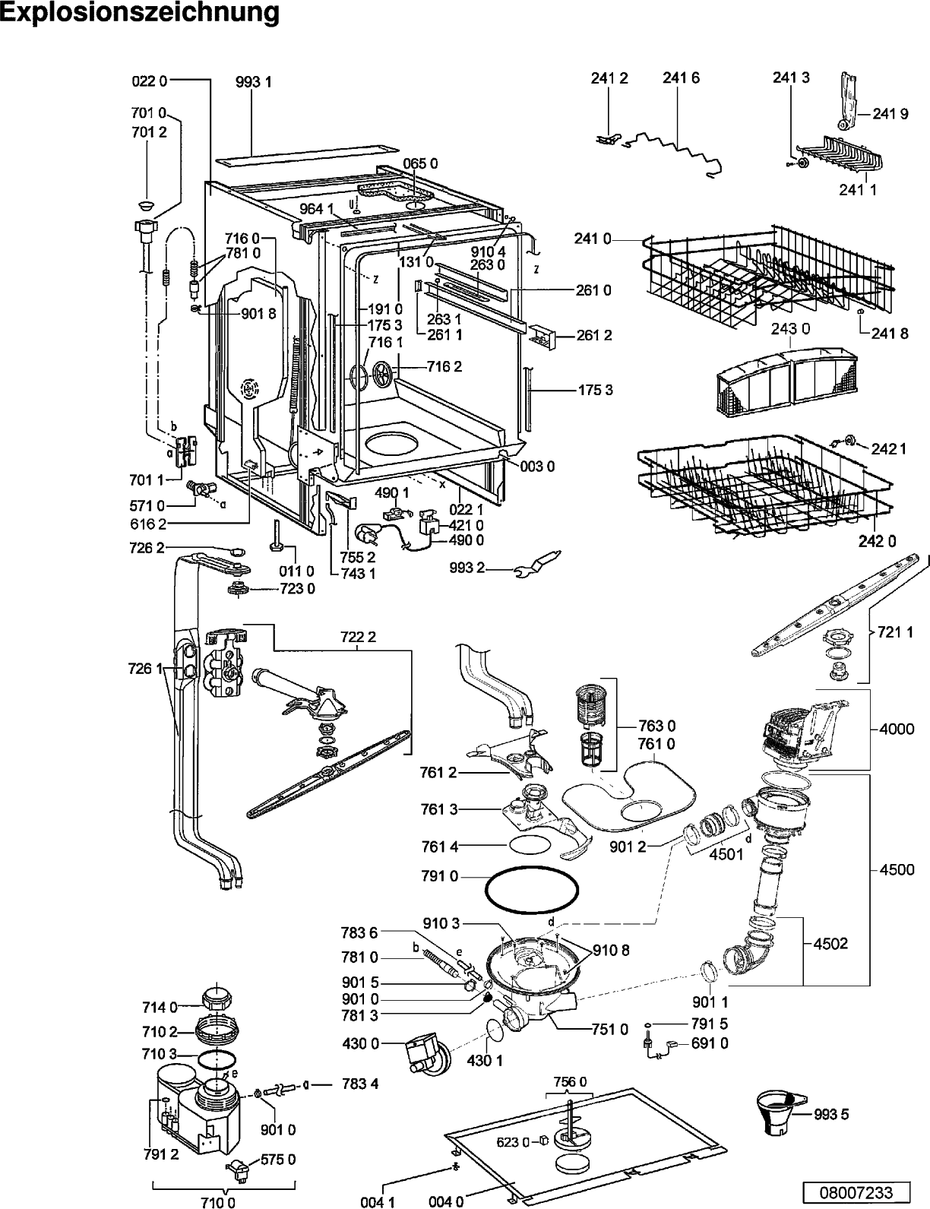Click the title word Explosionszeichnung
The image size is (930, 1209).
coord(140,13)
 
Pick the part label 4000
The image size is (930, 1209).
coord(897,728)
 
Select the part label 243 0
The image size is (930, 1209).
coord(790,328)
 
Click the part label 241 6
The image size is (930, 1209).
coord(681,78)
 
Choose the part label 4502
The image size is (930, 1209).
coord(830,944)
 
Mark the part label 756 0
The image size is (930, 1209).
coord(570,1081)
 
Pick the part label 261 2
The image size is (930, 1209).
coord(594,335)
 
